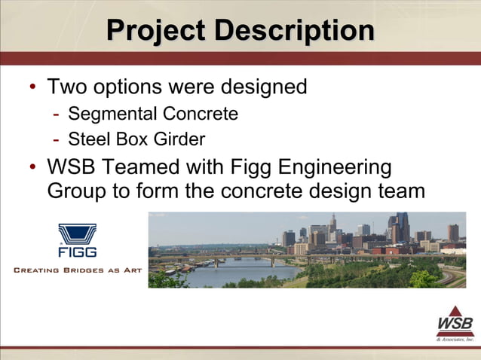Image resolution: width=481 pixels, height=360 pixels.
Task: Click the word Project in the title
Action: tap(155, 31)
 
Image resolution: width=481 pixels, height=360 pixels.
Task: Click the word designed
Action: tap(263, 87)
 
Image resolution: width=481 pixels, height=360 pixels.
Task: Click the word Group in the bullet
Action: tap(78, 191)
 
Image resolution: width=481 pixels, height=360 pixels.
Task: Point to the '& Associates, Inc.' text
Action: tap(455, 339)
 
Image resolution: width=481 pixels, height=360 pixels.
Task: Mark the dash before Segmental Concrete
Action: tap(57, 114)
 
